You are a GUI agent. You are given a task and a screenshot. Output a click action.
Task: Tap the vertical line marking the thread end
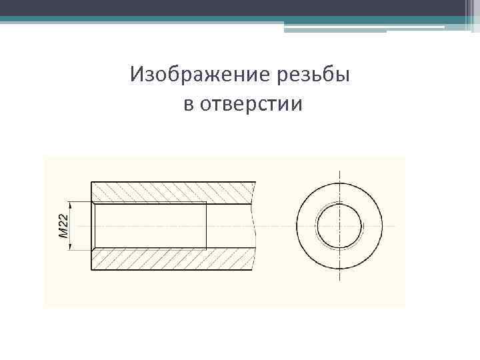pyautogui.click(x=206, y=226)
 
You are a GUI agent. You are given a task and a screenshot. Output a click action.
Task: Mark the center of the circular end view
pyautogui.click(x=339, y=226)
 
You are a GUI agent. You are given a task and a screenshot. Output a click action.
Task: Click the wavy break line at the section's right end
pyautogui.click(x=254, y=226)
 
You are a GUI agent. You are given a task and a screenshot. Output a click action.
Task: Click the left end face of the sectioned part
pyautogui.click(x=91, y=226)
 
